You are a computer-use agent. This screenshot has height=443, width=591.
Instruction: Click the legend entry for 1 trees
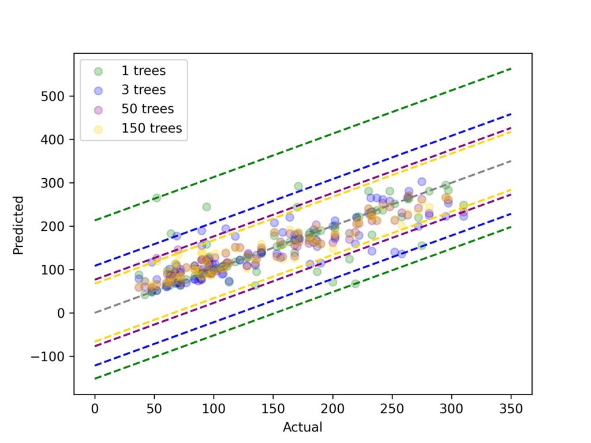click(143, 72)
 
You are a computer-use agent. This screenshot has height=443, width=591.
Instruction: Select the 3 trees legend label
click(143, 90)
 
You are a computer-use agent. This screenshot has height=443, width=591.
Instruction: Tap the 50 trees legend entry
click(147, 109)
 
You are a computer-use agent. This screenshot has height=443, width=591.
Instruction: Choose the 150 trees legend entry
click(151, 128)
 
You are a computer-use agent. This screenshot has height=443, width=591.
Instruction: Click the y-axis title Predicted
click(18, 225)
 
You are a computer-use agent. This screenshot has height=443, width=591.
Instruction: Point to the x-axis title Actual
click(302, 427)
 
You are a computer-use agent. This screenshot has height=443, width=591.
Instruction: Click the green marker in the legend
click(99, 72)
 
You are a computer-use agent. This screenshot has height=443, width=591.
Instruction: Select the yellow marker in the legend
click(99, 128)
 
